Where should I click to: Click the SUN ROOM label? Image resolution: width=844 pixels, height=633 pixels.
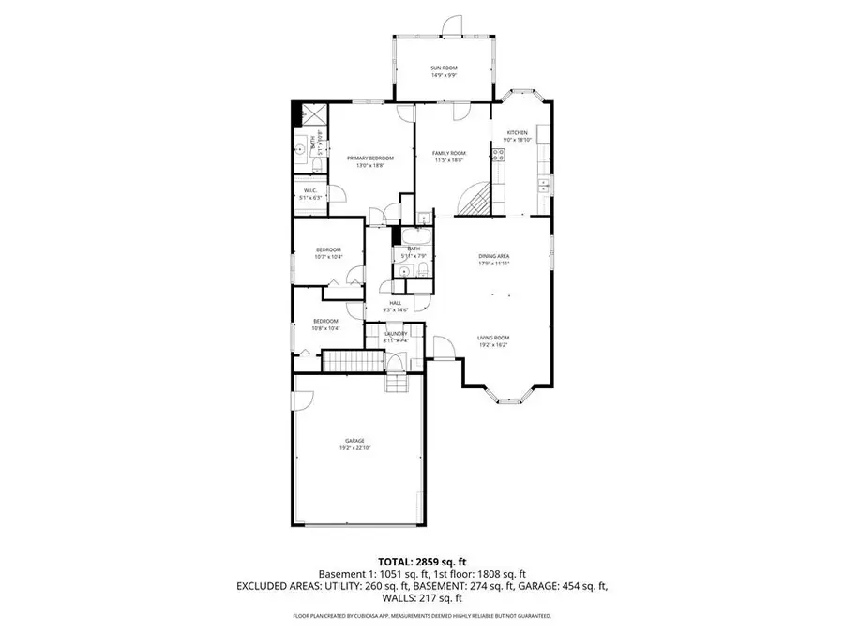pos(443,68)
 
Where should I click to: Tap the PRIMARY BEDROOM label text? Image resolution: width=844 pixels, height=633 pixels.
pos(370,158)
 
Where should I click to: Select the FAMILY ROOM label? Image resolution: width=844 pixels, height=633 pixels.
pos(449,154)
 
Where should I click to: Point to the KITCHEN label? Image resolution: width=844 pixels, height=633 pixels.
pos(519,133)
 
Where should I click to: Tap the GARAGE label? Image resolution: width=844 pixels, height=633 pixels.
pos(354,441)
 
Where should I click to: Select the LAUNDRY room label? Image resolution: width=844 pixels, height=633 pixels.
pos(394,335)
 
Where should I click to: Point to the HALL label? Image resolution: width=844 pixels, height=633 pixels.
pos(396,303)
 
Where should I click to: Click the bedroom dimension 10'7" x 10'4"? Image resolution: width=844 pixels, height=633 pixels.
pos(327,256)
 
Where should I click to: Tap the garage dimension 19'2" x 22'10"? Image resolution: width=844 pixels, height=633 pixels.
pos(354,448)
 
